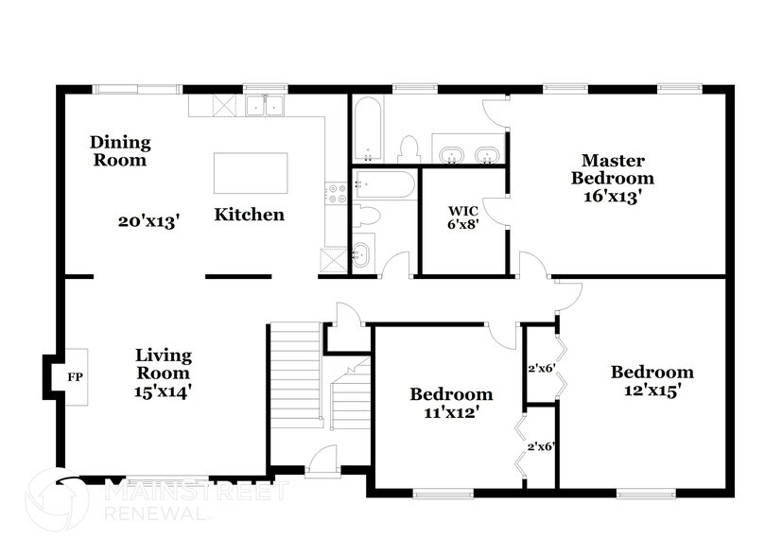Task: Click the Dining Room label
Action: (120, 151)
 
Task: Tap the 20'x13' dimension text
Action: (149, 220)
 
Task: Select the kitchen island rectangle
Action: (251, 173)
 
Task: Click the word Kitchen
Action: (249, 215)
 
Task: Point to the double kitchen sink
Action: (266, 106)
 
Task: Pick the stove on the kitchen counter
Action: (336, 195)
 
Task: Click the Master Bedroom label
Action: (617, 169)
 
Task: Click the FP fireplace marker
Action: (75, 376)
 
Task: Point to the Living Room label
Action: (164, 364)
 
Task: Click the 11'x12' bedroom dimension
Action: (450, 411)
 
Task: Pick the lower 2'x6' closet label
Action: (540, 445)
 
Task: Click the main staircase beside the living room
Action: (295, 378)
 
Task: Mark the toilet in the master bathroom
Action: (409, 149)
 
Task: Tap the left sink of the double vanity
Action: (451, 153)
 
